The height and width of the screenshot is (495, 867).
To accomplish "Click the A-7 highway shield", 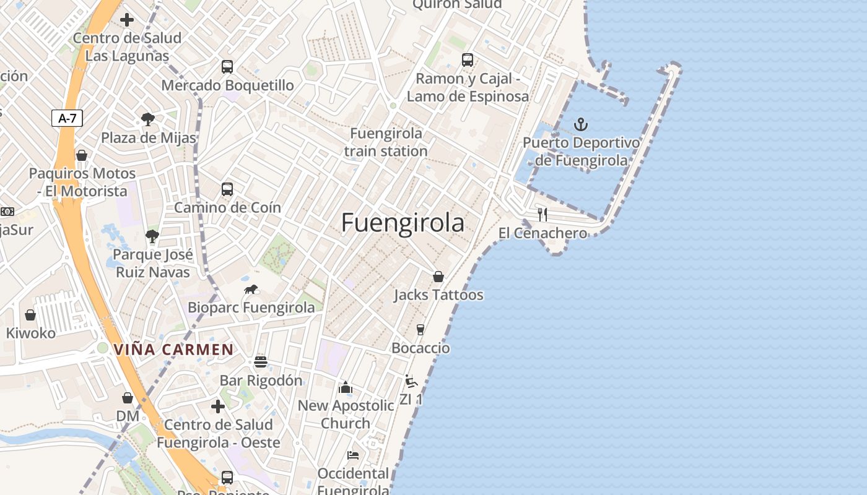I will click(x=67, y=118).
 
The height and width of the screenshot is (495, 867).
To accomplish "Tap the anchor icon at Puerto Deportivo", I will click(x=580, y=124).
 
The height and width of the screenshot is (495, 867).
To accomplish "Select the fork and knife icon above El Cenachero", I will click(x=542, y=215).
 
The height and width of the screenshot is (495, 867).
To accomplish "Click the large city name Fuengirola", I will click(x=403, y=223).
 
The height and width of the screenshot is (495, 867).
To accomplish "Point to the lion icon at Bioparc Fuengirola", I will click(x=251, y=289).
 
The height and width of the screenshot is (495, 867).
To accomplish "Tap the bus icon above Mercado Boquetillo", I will click(x=227, y=67).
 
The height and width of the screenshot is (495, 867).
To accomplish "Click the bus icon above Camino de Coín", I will click(x=227, y=189).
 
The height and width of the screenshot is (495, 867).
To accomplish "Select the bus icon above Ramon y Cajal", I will click(x=468, y=60).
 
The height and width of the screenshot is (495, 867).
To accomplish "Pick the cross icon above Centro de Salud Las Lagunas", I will click(x=127, y=20).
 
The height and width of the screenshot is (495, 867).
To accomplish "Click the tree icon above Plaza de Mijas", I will click(x=148, y=119).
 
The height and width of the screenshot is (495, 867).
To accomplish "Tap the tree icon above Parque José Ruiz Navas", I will click(x=152, y=236).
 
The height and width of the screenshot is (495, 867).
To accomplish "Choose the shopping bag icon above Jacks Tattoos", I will click(x=438, y=277).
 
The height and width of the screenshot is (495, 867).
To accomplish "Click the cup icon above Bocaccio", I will click(x=420, y=329).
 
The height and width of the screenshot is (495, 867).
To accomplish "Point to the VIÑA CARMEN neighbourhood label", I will click(x=173, y=350).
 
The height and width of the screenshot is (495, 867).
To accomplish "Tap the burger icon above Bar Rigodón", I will click(x=261, y=362).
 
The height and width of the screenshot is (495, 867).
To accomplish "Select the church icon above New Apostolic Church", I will click(x=346, y=387).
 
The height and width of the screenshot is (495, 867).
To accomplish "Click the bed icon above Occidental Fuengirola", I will click(x=353, y=455).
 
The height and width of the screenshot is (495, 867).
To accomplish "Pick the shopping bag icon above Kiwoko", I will click(x=30, y=315).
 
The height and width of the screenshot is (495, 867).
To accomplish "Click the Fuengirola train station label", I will click(x=386, y=142).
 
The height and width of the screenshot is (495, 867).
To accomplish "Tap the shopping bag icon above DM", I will click(x=128, y=398).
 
